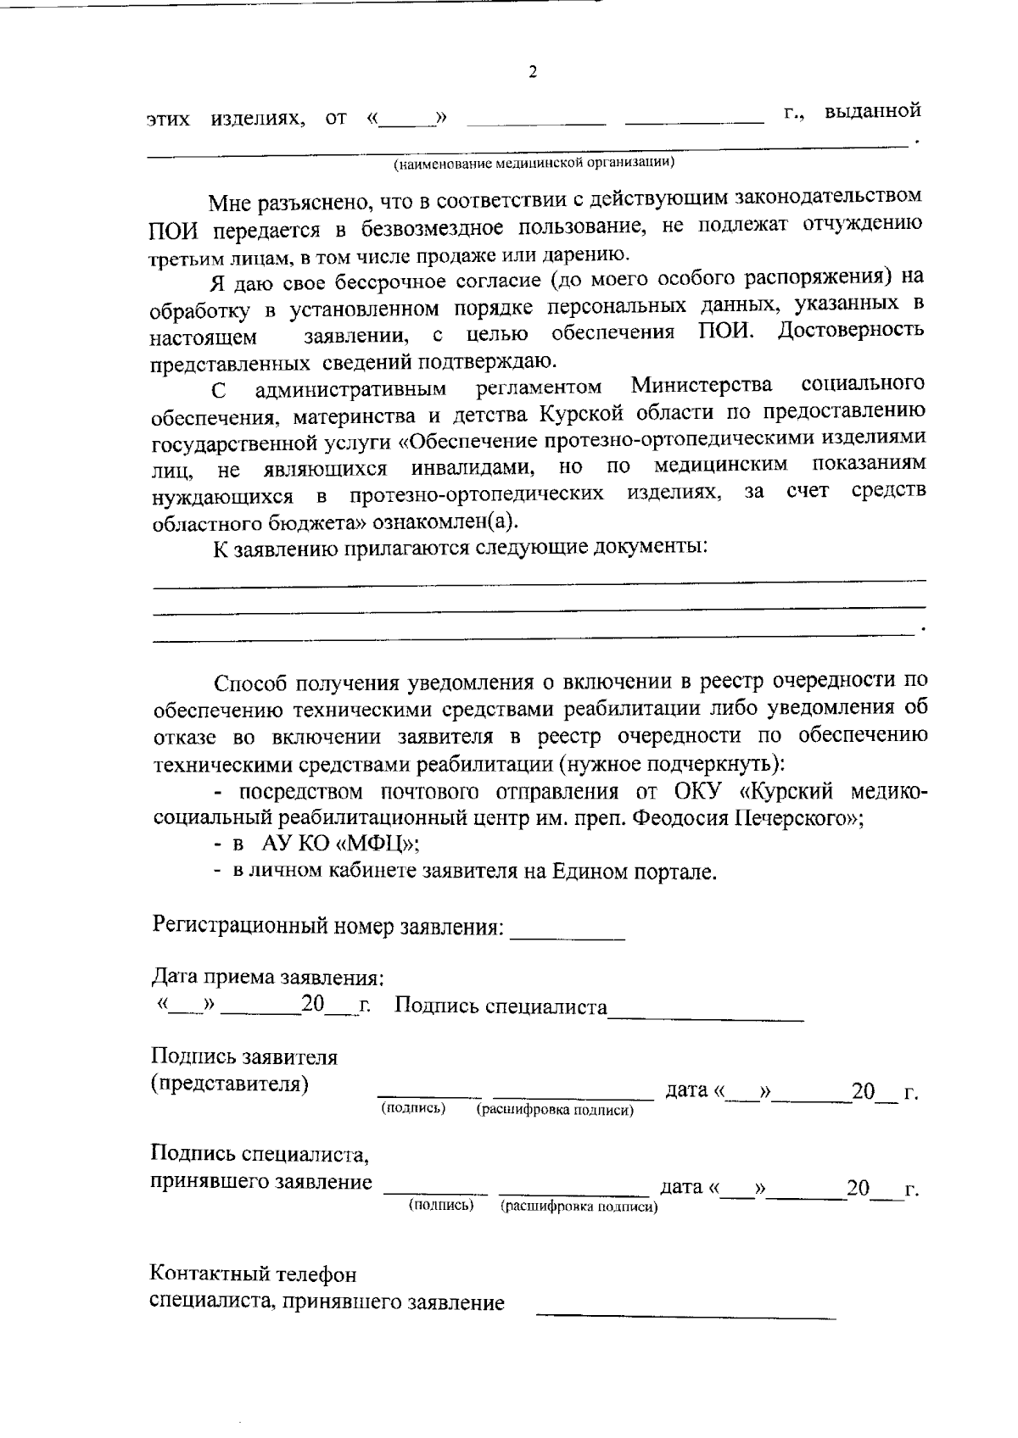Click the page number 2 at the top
click(x=533, y=72)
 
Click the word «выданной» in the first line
click(x=873, y=111)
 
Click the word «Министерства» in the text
click(x=702, y=387)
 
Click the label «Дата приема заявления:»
click(x=268, y=978)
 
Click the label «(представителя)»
click(x=229, y=1084)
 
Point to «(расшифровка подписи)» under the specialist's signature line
click(x=579, y=1207)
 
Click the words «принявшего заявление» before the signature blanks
click(x=261, y=1181)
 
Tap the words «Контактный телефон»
click(x=254, y=1274)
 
